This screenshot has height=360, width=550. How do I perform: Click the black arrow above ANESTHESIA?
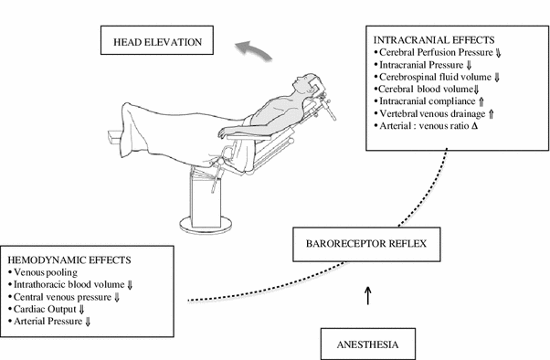367,295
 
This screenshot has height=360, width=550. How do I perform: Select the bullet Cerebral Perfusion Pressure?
439,53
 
